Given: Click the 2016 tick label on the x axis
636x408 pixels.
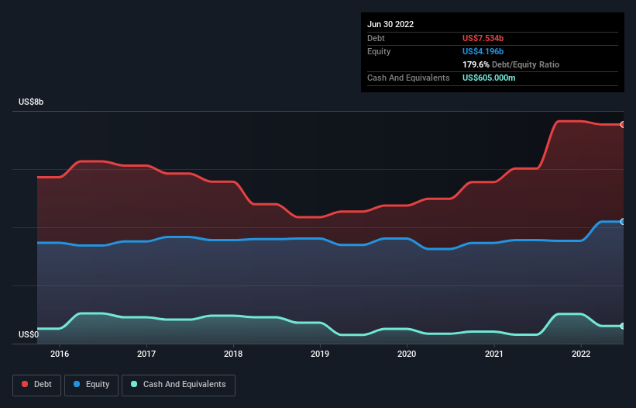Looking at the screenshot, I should [60, 354].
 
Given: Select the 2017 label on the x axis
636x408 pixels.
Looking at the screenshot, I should [146, 354].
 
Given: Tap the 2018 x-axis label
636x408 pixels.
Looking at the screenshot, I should [233, 354].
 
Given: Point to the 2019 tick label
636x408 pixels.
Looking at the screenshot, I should [320, 354].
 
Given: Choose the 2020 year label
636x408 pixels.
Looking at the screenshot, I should [407, 354].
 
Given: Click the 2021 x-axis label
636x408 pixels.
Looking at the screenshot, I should [493, 354].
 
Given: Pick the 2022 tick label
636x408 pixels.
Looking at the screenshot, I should [580, 354].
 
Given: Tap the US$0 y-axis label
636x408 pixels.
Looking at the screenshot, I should [29, 335].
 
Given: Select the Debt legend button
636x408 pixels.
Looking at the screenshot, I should [36, 385].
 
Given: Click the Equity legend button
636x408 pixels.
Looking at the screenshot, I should [91, 385].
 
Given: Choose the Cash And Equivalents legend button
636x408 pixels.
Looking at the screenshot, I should [178, 385].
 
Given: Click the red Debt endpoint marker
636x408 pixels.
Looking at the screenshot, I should [622, 124].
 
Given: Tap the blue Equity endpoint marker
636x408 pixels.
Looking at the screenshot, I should [622, 222].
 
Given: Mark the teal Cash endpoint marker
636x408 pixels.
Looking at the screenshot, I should [622, 326].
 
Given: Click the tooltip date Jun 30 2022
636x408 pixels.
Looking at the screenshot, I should [390, 24].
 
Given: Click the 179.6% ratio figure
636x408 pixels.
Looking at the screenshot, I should [477, 65].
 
